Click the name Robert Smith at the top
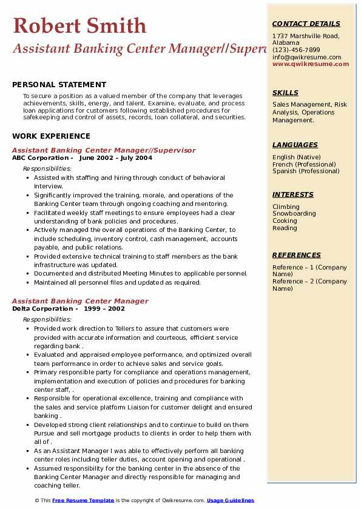pyautogui.click(x=79, y=25)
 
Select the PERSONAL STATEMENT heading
pyautogui.click(x=59, y=85)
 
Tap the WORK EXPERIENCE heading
pyautogui.click(x=51, y=136)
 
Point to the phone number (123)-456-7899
pyautogui.click(x=296, y=50)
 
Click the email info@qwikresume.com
pyautogui.click(x=306, y=57)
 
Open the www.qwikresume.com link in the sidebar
pyautogui.click(x=311, y=64)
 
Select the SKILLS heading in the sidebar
pyautogui.click(x=285, y=93)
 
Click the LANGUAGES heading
pyautogui.click(x=295, y=145)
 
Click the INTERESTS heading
pyautogui.click(x=293, y=194)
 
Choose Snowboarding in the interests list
pyautogui.click(x=294, y=214)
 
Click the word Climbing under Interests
pyautogui.click(x=286, y=207)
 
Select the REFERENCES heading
pyautogui.click(x=296, y=255)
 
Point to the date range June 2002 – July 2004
pyautogui.click(x=115, y=157)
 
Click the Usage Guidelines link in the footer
pyautogui.click(x=230, y=500)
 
